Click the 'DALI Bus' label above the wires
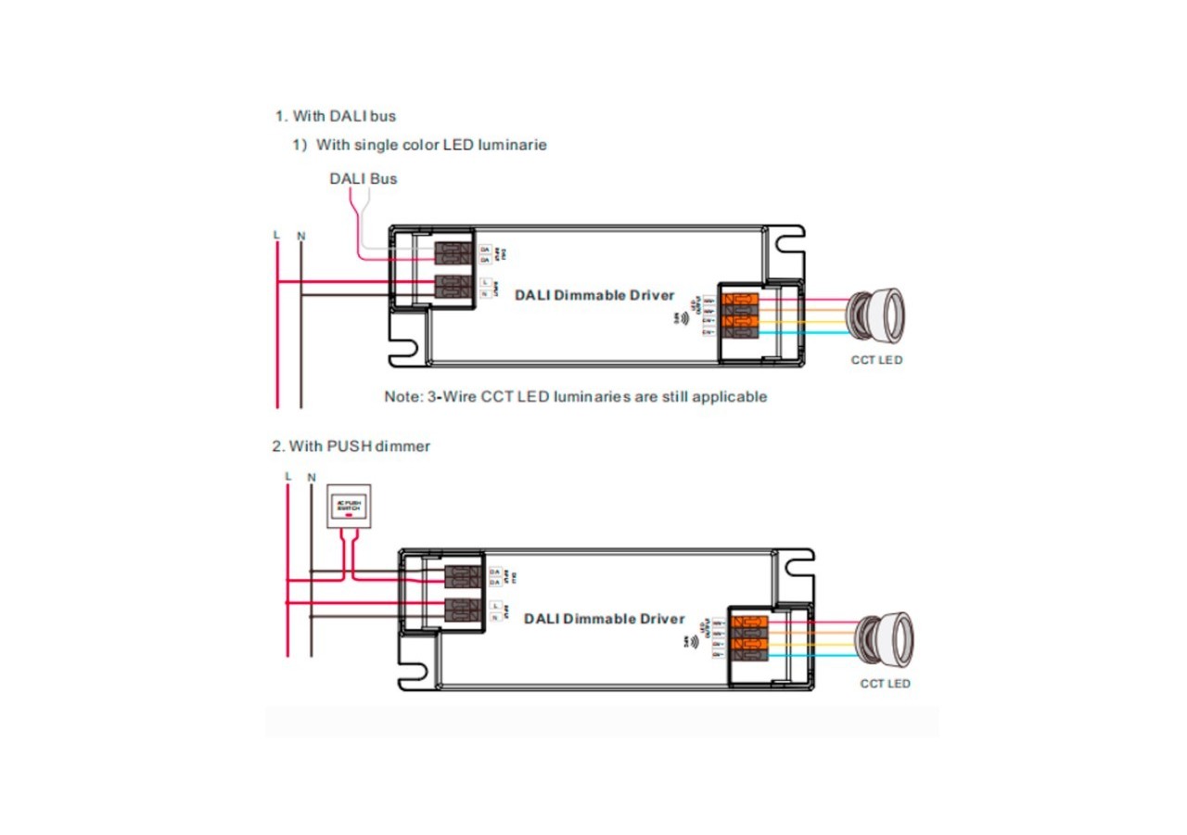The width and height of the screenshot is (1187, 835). (x=363, y=178)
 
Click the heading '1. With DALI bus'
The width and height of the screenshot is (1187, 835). (x=336, y=116)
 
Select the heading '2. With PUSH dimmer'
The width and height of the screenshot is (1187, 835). (x=351, y=446)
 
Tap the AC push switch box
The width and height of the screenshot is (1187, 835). (x=350, y=507)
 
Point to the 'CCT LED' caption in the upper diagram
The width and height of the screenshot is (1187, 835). (x=876, y=360)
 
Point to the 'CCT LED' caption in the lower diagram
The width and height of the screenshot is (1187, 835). (x=885, y=684)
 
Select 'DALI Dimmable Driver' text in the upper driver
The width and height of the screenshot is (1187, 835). (x=594, y=296)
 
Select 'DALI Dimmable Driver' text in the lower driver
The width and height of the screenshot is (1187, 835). (x=604, y=619)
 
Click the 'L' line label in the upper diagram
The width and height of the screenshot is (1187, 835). (x=276, y=235)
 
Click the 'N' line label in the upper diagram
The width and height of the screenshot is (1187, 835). (x=300, y=236)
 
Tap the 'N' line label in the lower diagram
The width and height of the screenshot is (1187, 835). (x=312, y=478)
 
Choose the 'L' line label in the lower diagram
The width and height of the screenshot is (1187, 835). (x=288, y=477)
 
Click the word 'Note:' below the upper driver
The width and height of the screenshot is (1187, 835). (x=403, y=397)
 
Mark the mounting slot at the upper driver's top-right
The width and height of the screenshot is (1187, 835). (x=790, y=244)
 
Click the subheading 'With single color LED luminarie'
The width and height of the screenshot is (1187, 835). (x=431, y=145)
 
